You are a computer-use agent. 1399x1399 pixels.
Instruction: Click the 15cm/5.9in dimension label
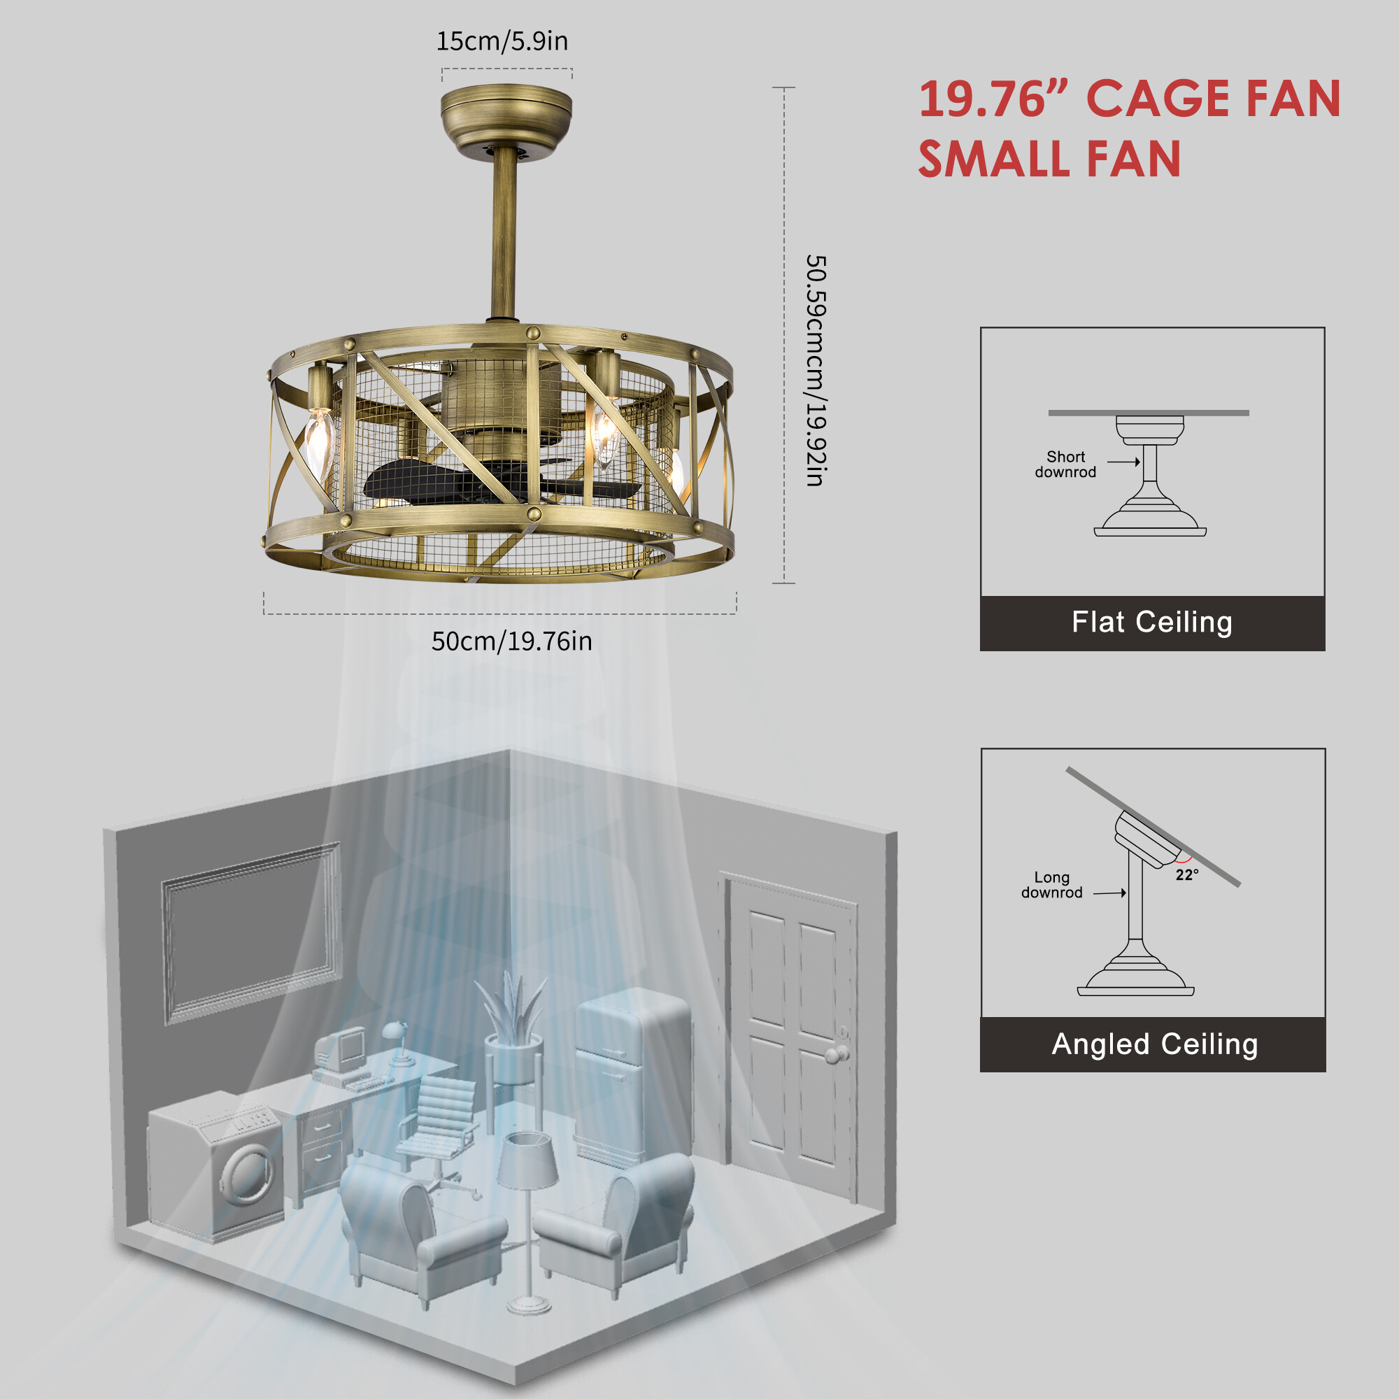(x=502, y=41)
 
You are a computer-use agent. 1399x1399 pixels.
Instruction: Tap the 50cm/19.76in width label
(x=512, y=641)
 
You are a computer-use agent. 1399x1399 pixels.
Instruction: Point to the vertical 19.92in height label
(x=816, y=370)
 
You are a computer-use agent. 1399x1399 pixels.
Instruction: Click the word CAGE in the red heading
(x=1158, y=99)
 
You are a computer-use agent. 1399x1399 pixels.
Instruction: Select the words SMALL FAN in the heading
(x=1049, y=159)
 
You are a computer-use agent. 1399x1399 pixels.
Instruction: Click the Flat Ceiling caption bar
(x=1152, y=623)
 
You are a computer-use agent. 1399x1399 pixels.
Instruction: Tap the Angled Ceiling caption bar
(x=1153, y=1044)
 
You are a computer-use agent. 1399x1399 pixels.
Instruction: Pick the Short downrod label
(x=1065, y=464)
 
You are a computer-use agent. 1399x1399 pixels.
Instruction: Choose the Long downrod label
(x=1051, y=885)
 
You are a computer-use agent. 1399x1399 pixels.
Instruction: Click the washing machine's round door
(x=249, y=1172)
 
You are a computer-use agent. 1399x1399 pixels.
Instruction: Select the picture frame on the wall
(x=250, y=933)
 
